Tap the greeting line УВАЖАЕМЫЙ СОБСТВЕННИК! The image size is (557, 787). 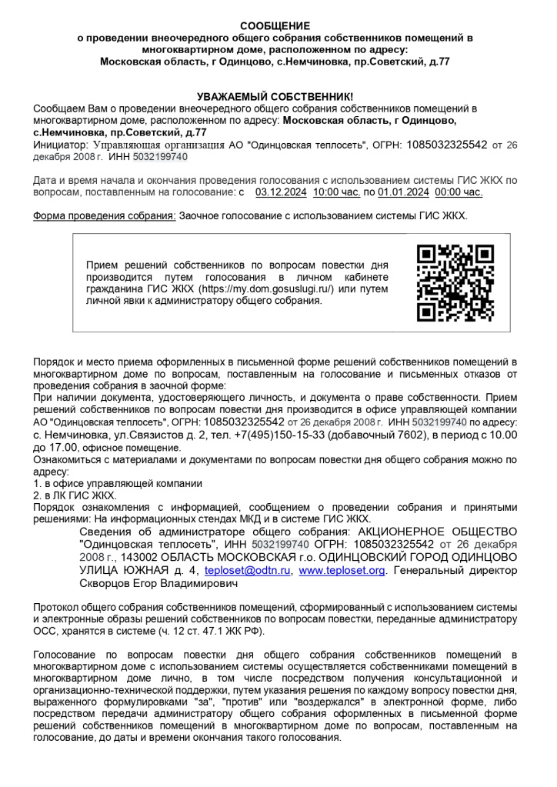pos(275,96)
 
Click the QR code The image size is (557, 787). pos(454,282)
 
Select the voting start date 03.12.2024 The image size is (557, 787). pos(280,192)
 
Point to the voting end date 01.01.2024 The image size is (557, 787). pos(405,192)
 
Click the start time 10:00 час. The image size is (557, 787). pos(337,192)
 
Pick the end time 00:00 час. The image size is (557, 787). pos(459,192)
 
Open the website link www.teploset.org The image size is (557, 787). pos(342,571)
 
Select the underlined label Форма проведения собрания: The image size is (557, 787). pos(105,216)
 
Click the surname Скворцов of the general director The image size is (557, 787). pos(104,584)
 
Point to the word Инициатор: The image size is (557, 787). pos(61,144)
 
